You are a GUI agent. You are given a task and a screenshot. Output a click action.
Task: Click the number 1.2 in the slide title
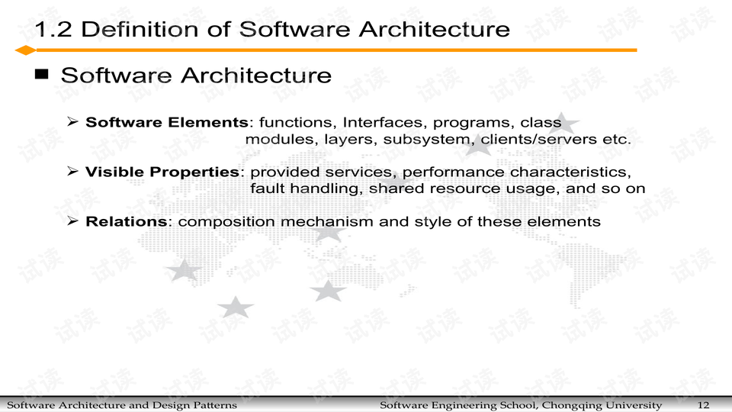point(53,30)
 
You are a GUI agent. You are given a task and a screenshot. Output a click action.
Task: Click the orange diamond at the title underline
point(26,50)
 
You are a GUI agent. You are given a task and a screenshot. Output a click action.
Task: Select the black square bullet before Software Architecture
point(41,74)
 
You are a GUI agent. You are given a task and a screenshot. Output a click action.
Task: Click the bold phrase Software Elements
point(167,122)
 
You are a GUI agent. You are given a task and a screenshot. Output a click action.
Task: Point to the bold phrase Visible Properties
point(162,172)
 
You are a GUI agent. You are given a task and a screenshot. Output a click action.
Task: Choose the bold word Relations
point(126,221)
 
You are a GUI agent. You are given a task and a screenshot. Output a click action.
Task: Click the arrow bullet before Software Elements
point(72,122)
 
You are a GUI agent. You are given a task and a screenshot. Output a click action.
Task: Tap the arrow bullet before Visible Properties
point(72,171)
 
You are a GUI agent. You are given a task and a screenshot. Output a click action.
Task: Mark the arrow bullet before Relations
point(72,220)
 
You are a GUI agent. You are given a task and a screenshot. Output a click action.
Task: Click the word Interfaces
point(382,122)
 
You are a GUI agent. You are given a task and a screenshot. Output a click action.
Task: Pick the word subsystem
point(425,140)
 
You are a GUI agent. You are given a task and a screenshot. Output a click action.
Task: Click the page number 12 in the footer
point(704,405)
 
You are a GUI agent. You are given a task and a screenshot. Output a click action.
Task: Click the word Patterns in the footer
point(218,405)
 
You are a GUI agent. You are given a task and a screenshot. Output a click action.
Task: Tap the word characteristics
point(570,172)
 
